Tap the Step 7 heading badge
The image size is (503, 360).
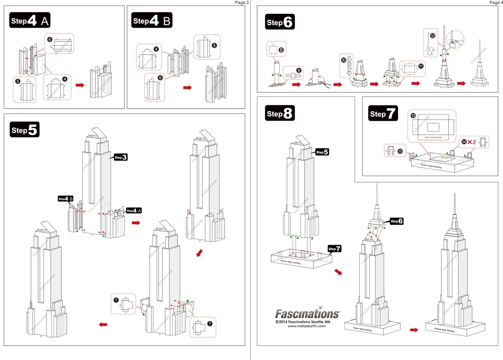click(383, 113)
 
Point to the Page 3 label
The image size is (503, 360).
click(241, 3)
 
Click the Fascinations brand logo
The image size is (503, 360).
click(307, 313)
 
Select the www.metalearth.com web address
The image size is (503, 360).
click(306, 326)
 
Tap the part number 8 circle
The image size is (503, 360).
click(281, 50)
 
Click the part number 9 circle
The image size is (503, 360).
click(298, 71)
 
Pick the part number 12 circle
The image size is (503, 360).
click(432, 36)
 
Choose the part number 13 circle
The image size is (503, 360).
click(413, 115)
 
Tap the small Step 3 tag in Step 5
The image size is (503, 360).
click(121, 157)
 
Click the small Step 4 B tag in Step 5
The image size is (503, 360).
click(66, 199)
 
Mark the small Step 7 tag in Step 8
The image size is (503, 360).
click(334, 249)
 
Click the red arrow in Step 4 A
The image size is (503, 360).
click(79, 85)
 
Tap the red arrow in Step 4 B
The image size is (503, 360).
click(187, 88)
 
